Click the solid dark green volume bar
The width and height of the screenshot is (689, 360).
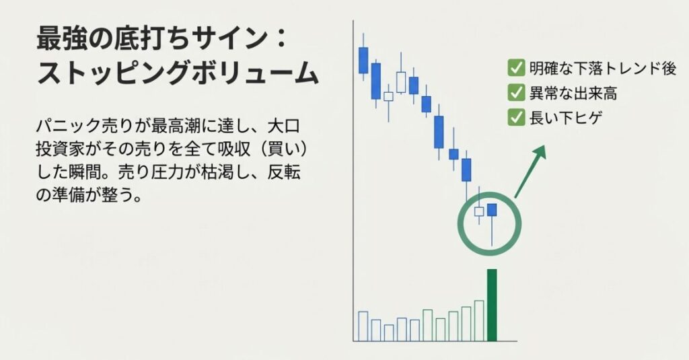(x=492, y=305)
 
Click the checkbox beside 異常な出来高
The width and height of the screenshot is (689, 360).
(x=516, y=93)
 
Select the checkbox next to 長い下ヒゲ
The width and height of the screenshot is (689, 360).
(x=516, y=118)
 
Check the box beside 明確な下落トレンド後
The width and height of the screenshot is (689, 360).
(x=516, y=68)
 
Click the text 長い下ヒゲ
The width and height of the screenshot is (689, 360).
(x=565, y=118)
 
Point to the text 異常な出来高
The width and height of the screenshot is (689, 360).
(x=573, y=93)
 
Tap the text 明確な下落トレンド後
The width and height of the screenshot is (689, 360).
(x=602, y=68)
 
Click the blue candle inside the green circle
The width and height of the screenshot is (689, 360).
(x=492, y=210)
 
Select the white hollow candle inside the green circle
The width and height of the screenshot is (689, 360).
(x=479, y=212)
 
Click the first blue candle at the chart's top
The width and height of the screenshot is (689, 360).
(x=363, y=60)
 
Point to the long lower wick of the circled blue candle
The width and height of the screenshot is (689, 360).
(x=492, y=231)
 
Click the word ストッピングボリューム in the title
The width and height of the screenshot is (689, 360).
(x=178, y=73)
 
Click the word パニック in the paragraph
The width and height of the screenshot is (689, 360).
(x=69, y=126)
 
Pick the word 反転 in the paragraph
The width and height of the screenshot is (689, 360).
(x=284, y=172)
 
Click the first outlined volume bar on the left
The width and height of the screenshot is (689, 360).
(x=363, y=326)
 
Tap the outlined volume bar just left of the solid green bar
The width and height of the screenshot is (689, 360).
(x=479, y=321)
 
